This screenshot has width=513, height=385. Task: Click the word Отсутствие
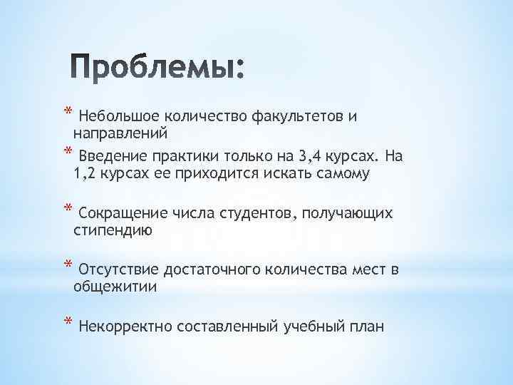click(x=120, y=270)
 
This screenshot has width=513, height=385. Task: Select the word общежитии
click(x=115, y=287)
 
